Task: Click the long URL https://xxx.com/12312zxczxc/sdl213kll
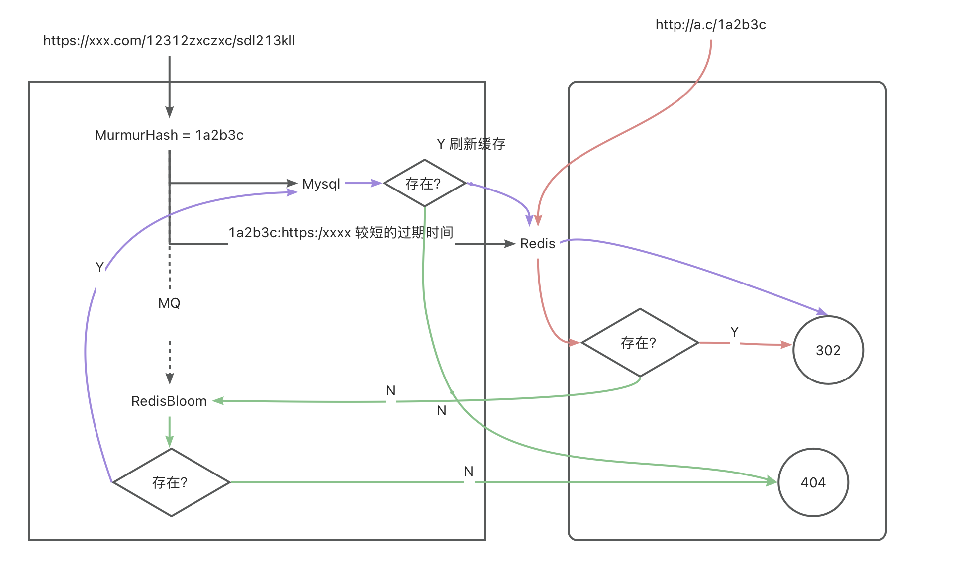click(x=169, y=41)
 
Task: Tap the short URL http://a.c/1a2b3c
click(x=710, y=25)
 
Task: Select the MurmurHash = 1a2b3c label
click(x=169, y=135)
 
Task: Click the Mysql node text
click(x=321, y=184)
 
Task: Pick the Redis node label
click(x=538, y=244)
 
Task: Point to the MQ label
click(x=169, y=303)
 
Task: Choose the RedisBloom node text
click(x=169, y=401)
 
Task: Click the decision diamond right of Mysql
click(x=424, y=184)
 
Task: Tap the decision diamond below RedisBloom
click(x=171, y=482)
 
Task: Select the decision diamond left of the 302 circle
click(x=640, y=343)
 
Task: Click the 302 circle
click(x=828, y=350)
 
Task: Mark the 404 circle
click(x=813, y=482)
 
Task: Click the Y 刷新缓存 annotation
click(x=471, y=144)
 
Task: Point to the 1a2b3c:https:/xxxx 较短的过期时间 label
click(x=341, y=233)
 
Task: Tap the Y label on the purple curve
click(x=99, y=268)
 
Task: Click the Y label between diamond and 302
click(x=734, y=332)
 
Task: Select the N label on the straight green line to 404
click(x=468, y=472)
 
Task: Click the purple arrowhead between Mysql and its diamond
click(x=376, y=183)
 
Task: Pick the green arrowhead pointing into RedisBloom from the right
click(x=218, y=400)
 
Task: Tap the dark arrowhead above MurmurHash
click(x=170, y=112)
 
